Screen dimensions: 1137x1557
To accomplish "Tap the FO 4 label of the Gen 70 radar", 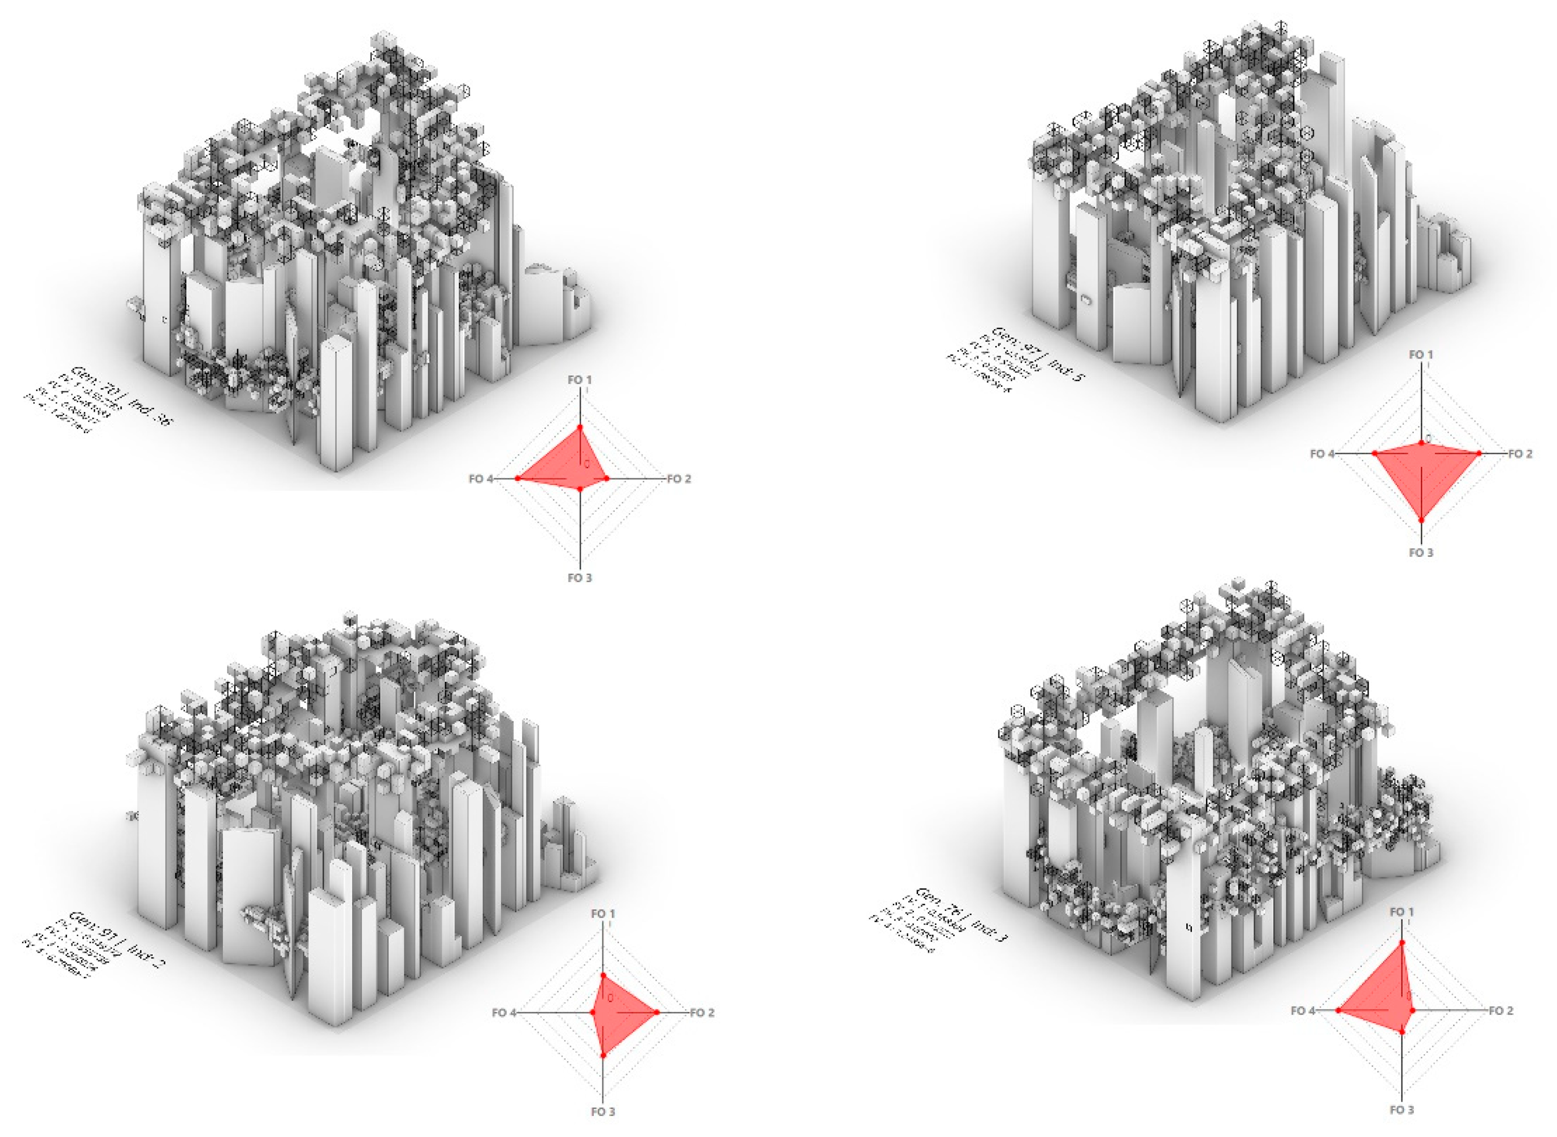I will pos(481,479).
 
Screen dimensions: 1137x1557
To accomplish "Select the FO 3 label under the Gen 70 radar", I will pos(579,577).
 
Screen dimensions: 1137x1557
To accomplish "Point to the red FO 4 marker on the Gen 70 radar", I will pos(517,478).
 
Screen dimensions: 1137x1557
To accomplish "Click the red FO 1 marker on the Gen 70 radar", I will pos(580,427).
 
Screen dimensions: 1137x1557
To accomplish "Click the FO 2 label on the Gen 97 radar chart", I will pos(1520,454).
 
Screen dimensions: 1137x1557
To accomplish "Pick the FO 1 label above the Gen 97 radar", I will pos(1421,354).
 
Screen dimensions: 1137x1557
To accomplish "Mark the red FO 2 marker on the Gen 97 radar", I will pos(1479,452).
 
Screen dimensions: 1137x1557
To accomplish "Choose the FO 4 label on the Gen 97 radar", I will pos(1322,454).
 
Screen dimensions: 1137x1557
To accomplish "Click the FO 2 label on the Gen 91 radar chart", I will pos(702,1012).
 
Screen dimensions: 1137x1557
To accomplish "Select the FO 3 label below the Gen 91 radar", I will pos(603,1112).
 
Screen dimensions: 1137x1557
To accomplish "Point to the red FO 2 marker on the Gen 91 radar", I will pos(657,1012).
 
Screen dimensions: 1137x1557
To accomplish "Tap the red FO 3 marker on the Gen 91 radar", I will pos(603,1055).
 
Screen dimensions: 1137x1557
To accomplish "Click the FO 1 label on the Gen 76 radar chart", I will pos(1402,912).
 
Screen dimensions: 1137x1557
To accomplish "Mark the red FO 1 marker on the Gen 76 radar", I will pos(1402,941).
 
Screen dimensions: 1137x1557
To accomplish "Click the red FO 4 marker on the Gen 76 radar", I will pos(1338,1010).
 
